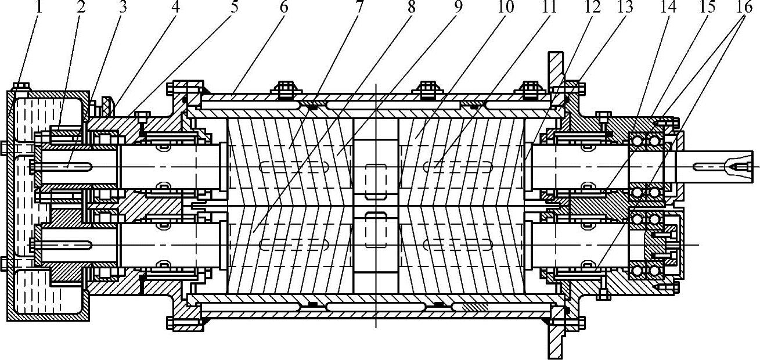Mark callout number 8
click(x=412, y=8)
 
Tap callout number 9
click(x=457, y=8)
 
